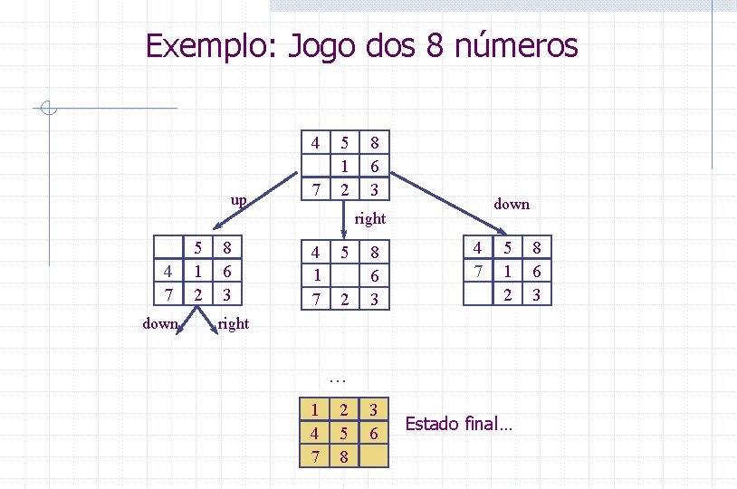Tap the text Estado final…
[x=458, y=423]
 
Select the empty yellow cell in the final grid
[x=374, y=455]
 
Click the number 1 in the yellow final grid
[x=314, y=410]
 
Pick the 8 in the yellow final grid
[x=344, y=456]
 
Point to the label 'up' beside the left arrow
[x=238, y=198]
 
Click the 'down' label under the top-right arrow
[x=512, y=204]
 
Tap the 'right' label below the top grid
[x=370, y=218]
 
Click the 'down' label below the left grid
[x=161, y=323]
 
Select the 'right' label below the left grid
[x=234, y=323]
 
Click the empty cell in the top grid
[x=314, y=166]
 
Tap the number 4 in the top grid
[x=314, y=143]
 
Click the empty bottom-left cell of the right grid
[x=477, y=293]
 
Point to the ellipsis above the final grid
[x=339, y=379]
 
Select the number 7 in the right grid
[x=477, y=271]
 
